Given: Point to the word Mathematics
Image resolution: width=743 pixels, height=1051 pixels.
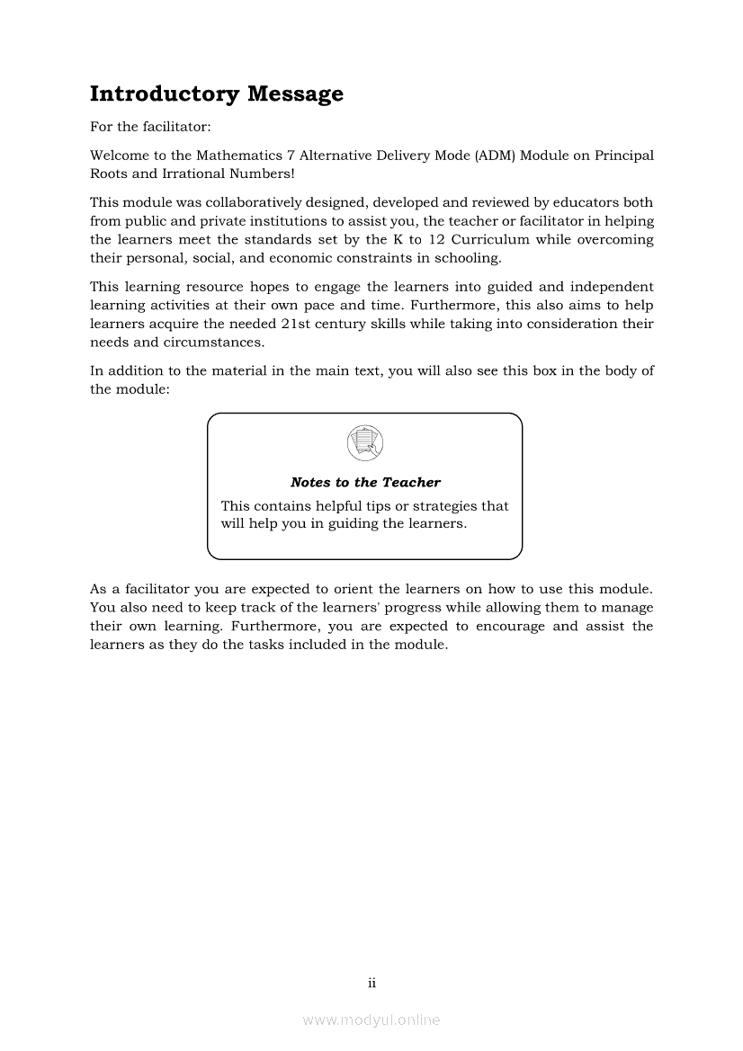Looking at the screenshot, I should pyautogui.click(x=219, y=156).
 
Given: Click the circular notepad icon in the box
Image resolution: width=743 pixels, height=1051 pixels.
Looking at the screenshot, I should pyautogui.click(x=364, y=441).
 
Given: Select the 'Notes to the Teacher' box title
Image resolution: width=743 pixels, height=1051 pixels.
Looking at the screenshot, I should pyautogui.click(x=365, y=483).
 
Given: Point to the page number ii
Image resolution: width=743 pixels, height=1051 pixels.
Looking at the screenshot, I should pyautogui.click(x=371, y=983).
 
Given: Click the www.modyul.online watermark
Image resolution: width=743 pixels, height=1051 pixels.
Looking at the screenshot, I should pyautogui.click(x=371, y=1020).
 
